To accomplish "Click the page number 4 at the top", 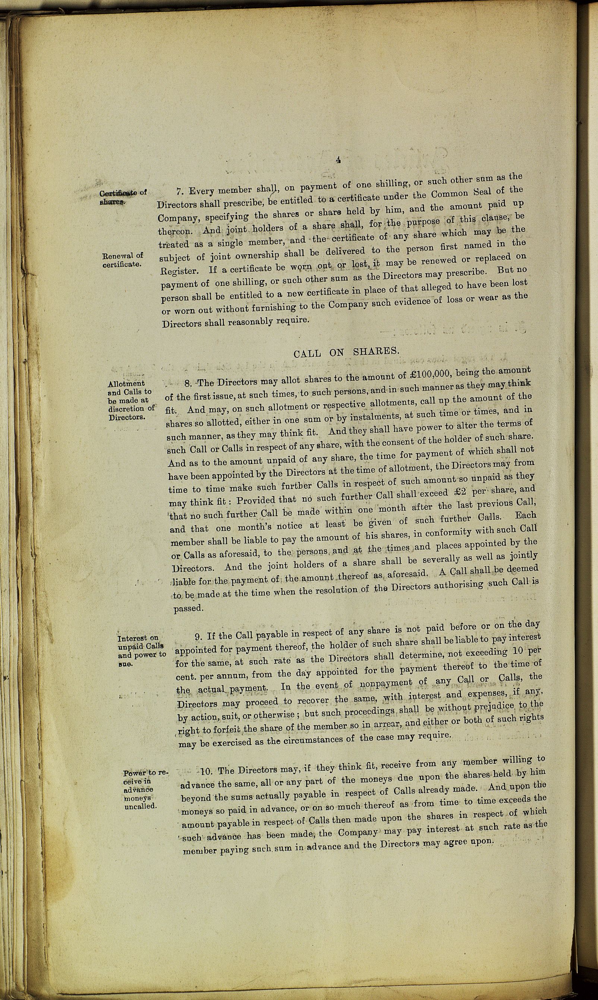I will click(x=338, y=160).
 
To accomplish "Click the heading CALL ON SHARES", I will click(x=346, y=352).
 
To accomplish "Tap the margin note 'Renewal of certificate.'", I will click(x=123, y=260).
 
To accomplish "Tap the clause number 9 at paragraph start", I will click(x=198, y=637).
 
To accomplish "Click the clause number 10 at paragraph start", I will click(x=206, y=771).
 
